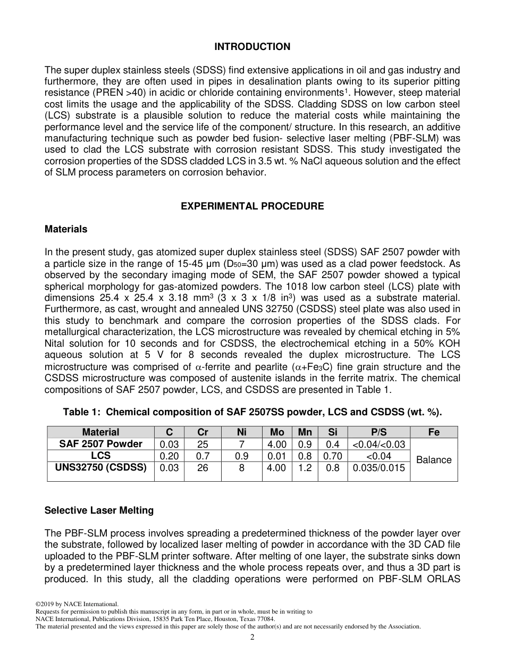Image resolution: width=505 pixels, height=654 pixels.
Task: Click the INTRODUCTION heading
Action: tap(252, 47)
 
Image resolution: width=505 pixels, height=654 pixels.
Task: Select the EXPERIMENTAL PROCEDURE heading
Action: tap(252, 206)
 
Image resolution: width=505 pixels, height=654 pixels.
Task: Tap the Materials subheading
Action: tap(66, 229)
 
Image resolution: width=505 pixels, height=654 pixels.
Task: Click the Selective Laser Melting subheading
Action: tap(99, 510)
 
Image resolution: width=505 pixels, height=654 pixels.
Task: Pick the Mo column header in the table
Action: tap(277, 432)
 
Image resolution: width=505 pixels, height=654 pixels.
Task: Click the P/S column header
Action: tap(378, 432)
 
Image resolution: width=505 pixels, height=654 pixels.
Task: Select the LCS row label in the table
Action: tap(100, 456)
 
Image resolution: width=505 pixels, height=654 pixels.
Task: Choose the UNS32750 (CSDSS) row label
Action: tap(100, 467)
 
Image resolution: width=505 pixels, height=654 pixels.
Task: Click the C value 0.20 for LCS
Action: tap(169, 456)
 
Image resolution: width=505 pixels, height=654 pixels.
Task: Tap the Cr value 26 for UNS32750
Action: tap(203, 468)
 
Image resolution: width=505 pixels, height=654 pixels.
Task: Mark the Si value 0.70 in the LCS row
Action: tap(333, 456)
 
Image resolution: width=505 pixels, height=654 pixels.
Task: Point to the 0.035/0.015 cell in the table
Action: tap(378, 468)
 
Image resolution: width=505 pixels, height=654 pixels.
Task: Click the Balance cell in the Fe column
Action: tap(434, 460)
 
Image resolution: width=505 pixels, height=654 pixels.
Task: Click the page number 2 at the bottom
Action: tap(252, 638)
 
